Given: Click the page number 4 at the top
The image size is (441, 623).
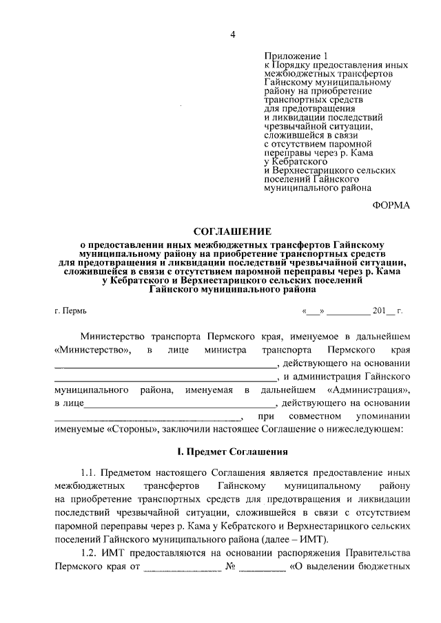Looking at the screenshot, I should click(233, 34).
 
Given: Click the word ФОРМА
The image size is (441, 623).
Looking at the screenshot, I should click(391, 204).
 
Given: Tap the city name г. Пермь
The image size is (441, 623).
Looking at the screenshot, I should click(70, 310).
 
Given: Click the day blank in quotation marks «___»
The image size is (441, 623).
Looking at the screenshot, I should click(312, 310).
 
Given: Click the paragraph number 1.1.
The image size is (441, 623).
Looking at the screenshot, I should click(89, 474).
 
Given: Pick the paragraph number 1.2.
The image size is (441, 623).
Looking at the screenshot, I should click(89, 555).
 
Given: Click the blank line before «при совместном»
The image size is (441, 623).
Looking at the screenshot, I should click(147, 417).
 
